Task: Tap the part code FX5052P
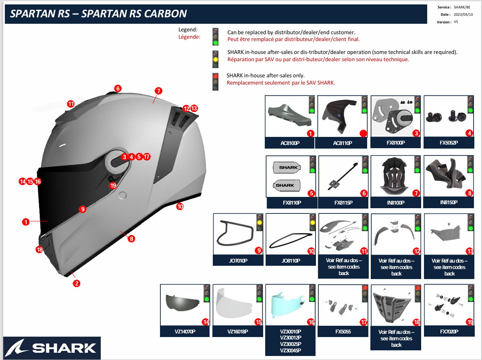pyautogui.click(x=449, y=143)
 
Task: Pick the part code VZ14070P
pyautogui.click(x=185, y=331)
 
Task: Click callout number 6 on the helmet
pyautogui.click(x=118, y=88)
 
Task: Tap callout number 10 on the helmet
pyautogui.click(x=180, y=206)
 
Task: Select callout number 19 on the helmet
pyautogui.click(x=113, y=185)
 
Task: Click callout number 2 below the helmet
pyautogui.click(x=77, y=283)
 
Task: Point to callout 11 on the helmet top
pyautogui.click(x=71, y=103)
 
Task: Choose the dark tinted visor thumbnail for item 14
pyautogui.click(x=183, y=302)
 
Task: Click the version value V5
pyautogui.click(x=456, y=22)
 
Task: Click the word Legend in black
pyautogui.click(x=188, y=30)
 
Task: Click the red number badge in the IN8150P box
pyautogui.click(x=470, y=193)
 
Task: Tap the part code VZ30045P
pyautogui.click(x=290, y=350)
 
